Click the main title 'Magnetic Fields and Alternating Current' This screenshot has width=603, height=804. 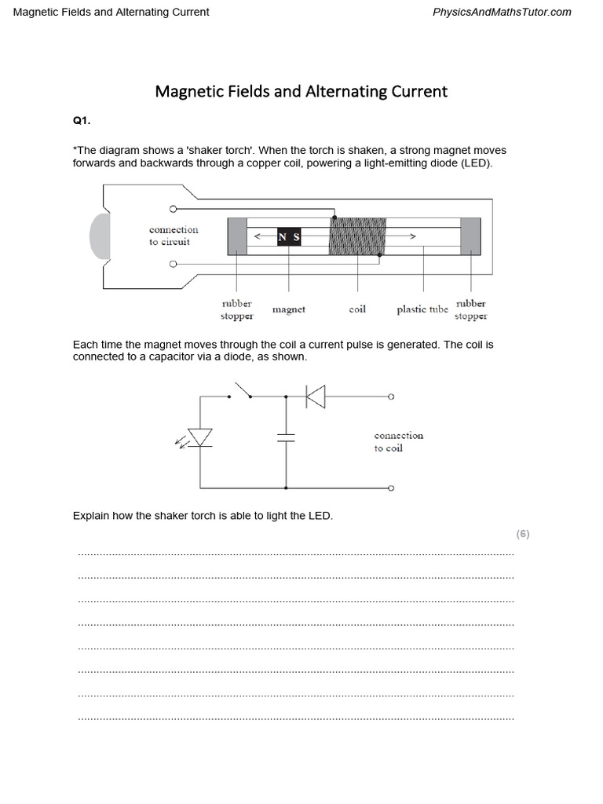(x=301, y=91)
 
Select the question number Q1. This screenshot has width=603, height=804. (x=82, y=122)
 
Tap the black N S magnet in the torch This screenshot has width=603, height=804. (x=288, y=236)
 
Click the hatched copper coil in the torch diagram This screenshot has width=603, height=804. (x=357, y=236)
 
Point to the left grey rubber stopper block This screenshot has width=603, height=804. (x=237, y=236)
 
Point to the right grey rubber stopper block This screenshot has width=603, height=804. (x=471, y=236)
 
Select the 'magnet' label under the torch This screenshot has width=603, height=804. (x=288, y=309)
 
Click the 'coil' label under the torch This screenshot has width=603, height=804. (x=357, y=309)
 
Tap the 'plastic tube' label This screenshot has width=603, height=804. (x=422, y=309)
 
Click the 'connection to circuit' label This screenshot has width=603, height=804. (x=174, y=236)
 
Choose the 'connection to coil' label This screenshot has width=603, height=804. (x=398, y=441)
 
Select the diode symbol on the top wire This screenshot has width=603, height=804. (x=315, y=397)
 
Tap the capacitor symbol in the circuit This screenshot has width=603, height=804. (x=286, y=437)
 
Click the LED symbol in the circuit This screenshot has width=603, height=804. (x=201, y=438)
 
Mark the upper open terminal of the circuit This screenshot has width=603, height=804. (x=391, y=397)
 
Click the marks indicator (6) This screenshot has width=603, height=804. (x=523, y=534)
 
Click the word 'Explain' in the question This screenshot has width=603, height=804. (x=90, y=516)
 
